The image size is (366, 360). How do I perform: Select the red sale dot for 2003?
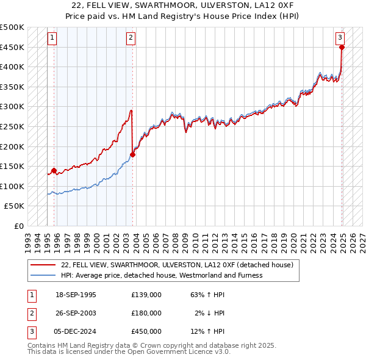pyautogui.click(x=132, y=154)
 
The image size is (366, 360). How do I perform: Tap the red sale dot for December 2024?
pyautogui.click(x=342, y=47)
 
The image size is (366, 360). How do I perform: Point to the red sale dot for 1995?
pyautogui.click(x=54, y=171)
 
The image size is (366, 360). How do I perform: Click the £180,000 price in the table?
pyautogui.click(x=146, y=313)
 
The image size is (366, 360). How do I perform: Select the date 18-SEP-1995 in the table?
pyautogui.click(x=76, y=295)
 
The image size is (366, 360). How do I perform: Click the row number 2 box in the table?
pyautogui.click(x=31, y=313)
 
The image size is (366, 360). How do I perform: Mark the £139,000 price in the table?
pyautogui.click(x=146, y=295)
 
